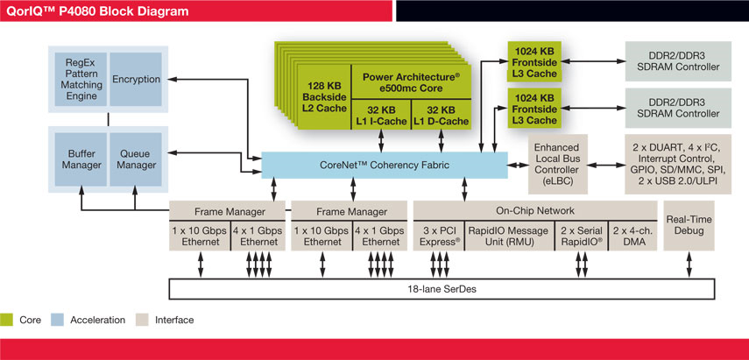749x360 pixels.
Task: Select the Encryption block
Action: [x=136, y=80]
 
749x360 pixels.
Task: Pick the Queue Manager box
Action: [x=135, y=158]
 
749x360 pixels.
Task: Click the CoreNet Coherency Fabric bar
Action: [x=385, y=165]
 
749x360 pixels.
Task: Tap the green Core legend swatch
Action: [x=9, y=321]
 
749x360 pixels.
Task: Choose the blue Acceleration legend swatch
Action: [x=60, y=321]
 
